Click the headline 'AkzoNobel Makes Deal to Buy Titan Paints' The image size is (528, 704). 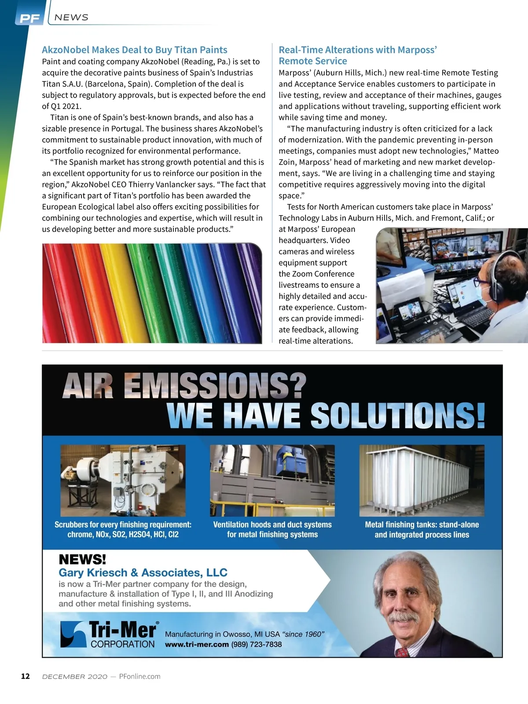(x=135, y=50)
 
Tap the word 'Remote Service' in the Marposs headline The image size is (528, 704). (x=313, y=61)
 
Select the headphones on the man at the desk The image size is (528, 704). (x=496, y=281)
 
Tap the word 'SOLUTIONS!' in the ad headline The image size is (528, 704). (x=398, y=415)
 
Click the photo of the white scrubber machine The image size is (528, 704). (x=123, y=480)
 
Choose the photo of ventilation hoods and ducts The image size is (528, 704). (x=272, y=480)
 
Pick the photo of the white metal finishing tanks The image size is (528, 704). (x=422, y=480)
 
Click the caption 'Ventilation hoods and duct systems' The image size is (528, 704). (x=272, y=524)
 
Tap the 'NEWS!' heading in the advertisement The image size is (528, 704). (x=82, y=560)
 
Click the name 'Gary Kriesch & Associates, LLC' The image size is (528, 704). (x=143, y=572)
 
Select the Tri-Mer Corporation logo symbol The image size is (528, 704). (x=73, y=634)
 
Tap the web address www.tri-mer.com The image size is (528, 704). (x=197, y=644)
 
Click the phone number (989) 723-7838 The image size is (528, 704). (x=256, y=644)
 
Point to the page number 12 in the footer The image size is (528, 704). (x=26, y=676)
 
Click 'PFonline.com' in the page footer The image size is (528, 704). (x=139, y=676)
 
